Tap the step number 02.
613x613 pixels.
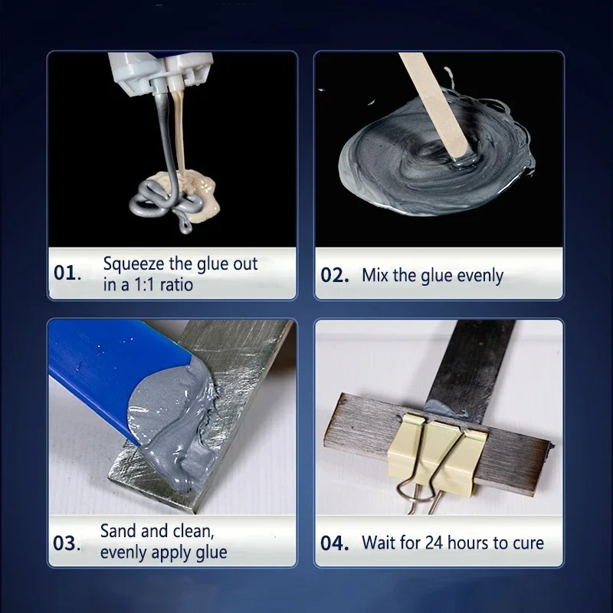(335, 275)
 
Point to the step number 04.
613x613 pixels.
(335, 543)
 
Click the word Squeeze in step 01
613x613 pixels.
(131, 265)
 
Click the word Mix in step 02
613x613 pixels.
(375, 275)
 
